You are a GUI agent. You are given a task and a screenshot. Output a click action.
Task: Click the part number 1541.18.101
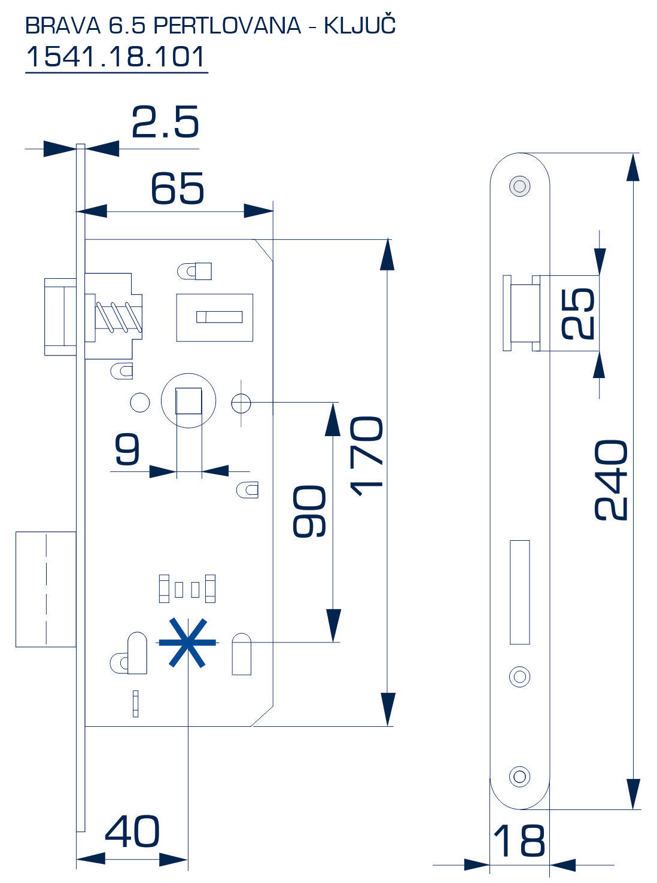tap(116, 57)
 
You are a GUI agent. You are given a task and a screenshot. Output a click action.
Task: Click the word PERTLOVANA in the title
tap(227, 25)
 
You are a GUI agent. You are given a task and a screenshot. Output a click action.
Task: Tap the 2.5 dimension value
tap(165, 123)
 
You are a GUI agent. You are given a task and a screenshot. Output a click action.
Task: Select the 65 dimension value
tap(177, 188)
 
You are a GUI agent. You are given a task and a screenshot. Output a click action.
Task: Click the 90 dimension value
tap(309, 511)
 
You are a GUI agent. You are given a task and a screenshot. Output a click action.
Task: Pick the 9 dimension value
tap(127, 450)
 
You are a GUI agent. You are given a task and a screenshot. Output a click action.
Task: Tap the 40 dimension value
tap(132, 832)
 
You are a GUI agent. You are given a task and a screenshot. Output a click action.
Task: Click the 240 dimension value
tap(611, 480)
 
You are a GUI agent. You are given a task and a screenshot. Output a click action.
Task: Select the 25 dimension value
tap(577, 313)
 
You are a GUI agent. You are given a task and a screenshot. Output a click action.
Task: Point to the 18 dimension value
tap(519, 841)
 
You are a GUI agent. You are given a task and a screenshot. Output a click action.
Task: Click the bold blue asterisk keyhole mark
tap(187, 643)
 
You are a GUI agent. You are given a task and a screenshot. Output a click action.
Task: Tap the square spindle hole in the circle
tap(188, 401)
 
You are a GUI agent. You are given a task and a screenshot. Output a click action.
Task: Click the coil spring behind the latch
tap(119, 316)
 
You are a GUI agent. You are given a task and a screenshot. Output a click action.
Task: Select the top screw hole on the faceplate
tap(519, 186)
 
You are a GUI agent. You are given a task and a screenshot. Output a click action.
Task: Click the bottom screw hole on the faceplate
tap(519, 777)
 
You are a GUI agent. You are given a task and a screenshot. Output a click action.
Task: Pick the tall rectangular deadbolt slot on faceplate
tap(519, 592)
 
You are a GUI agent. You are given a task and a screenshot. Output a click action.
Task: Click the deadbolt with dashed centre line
tap(45, 589)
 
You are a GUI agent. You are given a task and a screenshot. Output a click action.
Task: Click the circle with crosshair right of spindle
tap(241, 403)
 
